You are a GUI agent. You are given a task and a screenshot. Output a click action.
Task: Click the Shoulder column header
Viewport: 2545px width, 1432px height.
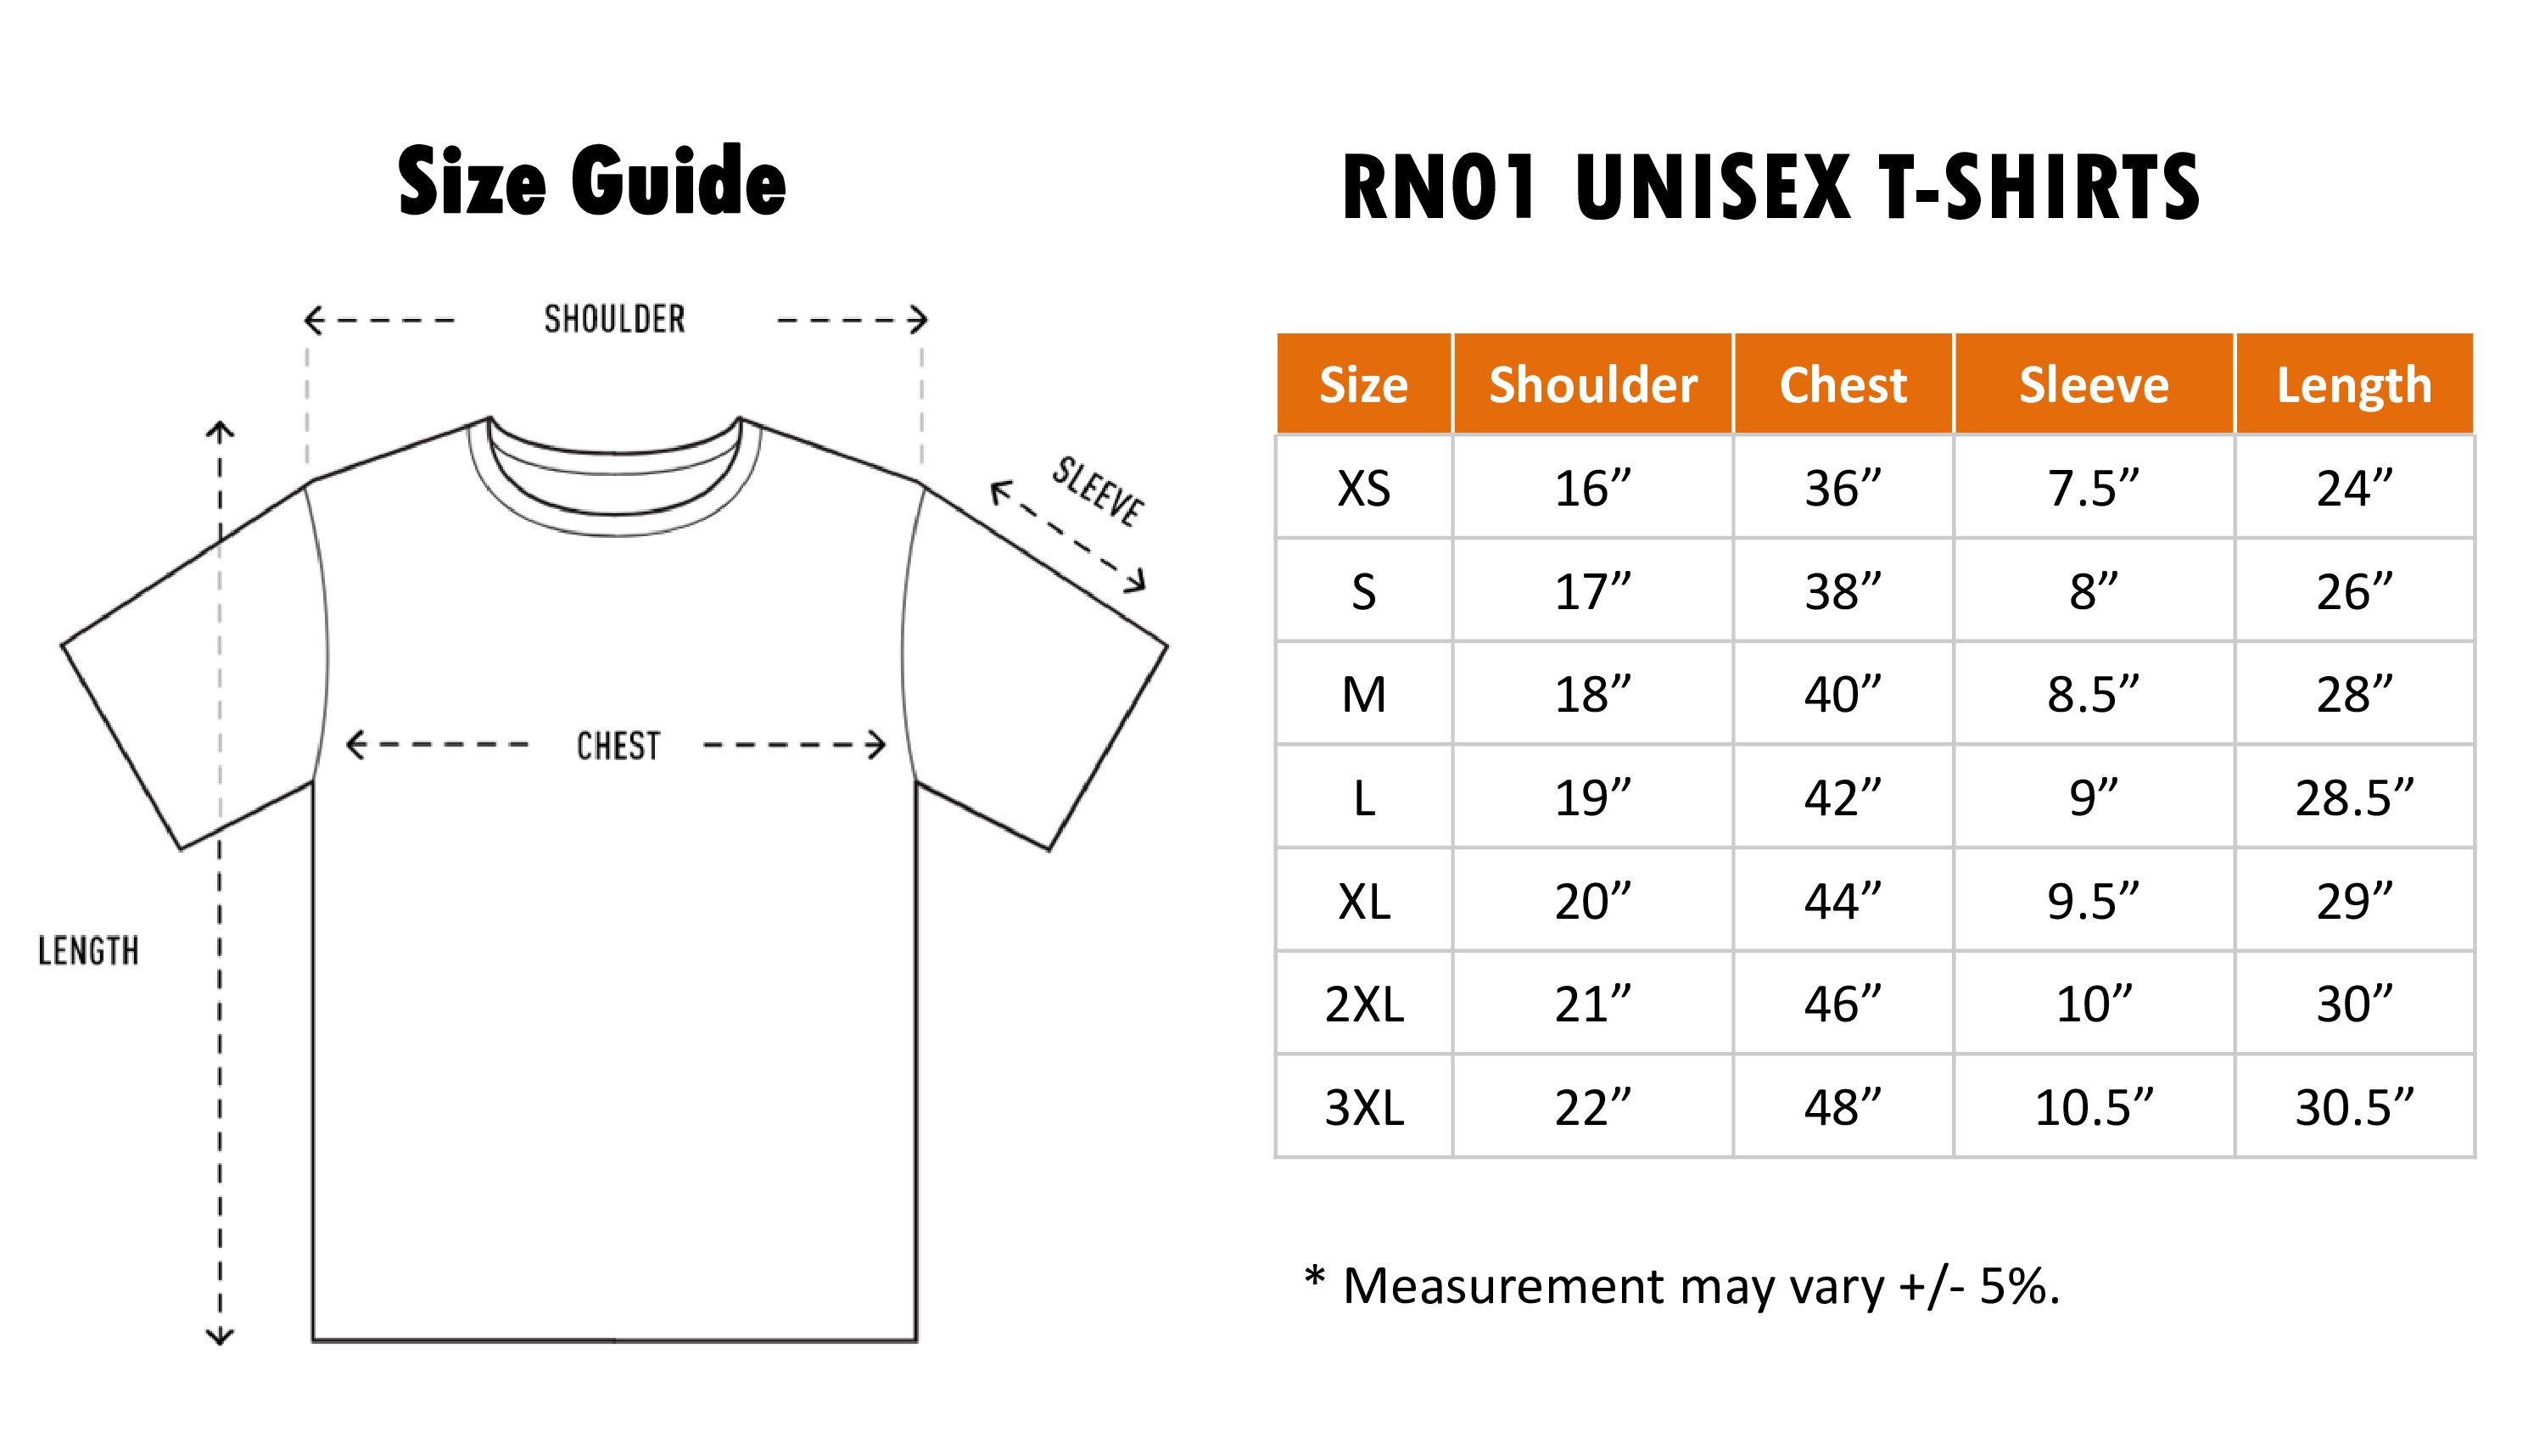point(1592,384)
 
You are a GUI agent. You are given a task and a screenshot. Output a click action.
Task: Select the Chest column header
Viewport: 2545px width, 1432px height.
point(1843,384)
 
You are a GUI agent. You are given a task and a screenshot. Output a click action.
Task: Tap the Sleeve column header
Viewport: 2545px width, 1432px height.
point(2094,384)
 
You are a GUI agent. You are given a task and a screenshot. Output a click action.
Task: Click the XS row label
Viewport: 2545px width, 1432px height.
point(1363,488)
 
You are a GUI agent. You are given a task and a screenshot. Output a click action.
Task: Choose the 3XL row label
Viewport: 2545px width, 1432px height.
point(1363,1107)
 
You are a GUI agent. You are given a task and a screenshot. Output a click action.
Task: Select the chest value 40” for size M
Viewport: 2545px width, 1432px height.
point(1843,694)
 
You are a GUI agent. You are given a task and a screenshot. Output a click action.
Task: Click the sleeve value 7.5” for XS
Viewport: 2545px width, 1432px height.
point(2094,488)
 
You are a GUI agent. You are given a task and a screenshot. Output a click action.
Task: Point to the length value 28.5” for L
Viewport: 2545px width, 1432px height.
point(2354,797)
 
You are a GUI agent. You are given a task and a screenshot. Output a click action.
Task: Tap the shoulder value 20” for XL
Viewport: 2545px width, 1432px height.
point(1592,900)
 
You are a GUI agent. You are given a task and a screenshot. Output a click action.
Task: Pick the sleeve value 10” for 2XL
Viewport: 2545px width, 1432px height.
point(2094,1004)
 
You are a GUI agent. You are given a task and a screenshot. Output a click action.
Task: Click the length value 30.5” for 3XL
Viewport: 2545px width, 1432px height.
point(2354,1107)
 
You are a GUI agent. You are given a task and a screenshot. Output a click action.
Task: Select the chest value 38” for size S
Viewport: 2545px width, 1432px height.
point(1843,591)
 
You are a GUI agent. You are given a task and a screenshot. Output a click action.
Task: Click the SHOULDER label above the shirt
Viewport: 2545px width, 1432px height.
point(614,319)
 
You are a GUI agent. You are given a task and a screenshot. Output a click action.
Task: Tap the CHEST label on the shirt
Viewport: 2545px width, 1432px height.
point(618,747)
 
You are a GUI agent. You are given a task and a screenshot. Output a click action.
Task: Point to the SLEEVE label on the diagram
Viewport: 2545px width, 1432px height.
point(1097,491)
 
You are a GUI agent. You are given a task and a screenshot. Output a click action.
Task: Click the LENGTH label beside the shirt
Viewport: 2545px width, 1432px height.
point(88,951)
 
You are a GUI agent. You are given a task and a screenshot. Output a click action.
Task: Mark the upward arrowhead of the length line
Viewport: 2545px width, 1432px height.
point(220,430)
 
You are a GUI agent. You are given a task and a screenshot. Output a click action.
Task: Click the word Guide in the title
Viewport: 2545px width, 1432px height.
point(678,181)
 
